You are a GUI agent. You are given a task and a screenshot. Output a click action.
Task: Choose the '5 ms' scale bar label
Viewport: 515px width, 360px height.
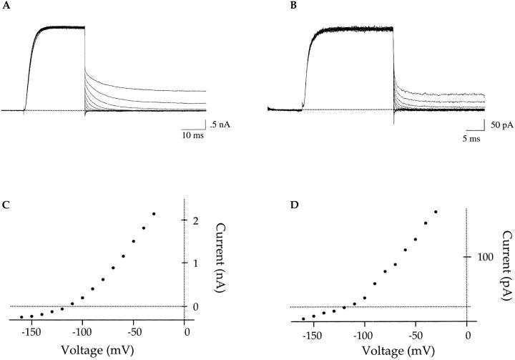point(476,137)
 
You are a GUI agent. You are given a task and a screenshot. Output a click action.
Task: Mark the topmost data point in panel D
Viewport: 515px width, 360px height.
point(436,212)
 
